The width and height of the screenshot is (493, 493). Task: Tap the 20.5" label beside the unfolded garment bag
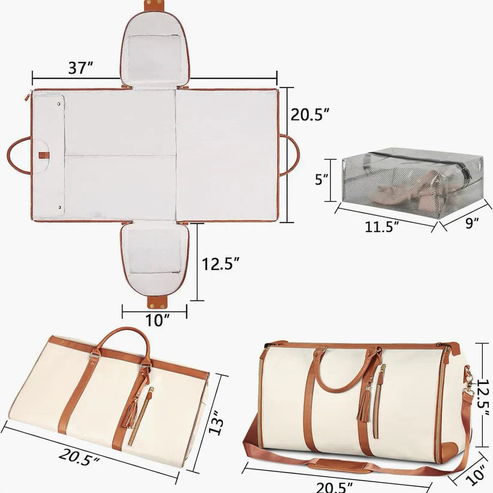click(x=310, y=114)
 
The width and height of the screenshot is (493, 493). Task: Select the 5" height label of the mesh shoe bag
click(x=322, y=179)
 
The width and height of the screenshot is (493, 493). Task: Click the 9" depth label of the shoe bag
click(x=472, y=223)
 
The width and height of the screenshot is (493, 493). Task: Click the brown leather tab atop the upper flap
click(x=155, y=5)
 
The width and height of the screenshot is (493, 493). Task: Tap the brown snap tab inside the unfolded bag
click(x=44, y=155)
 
